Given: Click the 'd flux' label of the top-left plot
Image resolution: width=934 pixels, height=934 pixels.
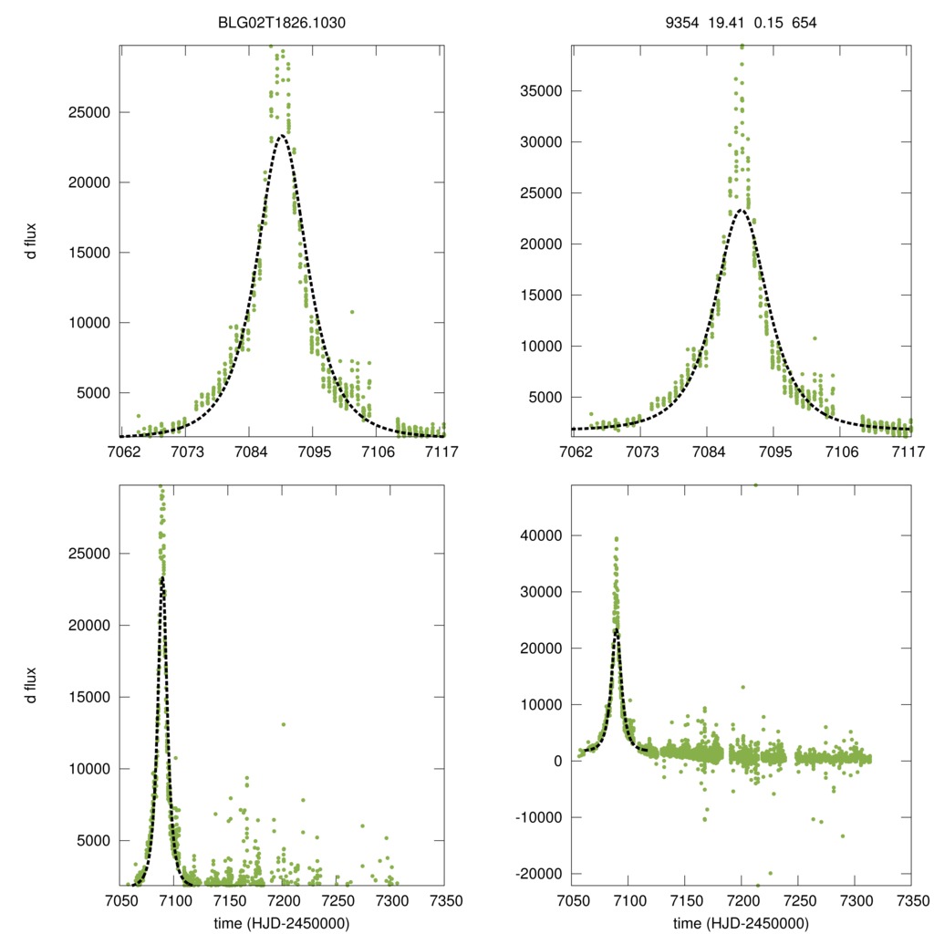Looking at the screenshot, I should pos(31,240).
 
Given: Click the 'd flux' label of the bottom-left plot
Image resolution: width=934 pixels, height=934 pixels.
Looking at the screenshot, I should pos(31,684).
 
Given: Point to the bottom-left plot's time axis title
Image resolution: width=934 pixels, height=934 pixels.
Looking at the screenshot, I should pos(282,922).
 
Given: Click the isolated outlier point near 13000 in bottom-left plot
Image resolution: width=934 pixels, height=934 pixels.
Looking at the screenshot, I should pos(284,724).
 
